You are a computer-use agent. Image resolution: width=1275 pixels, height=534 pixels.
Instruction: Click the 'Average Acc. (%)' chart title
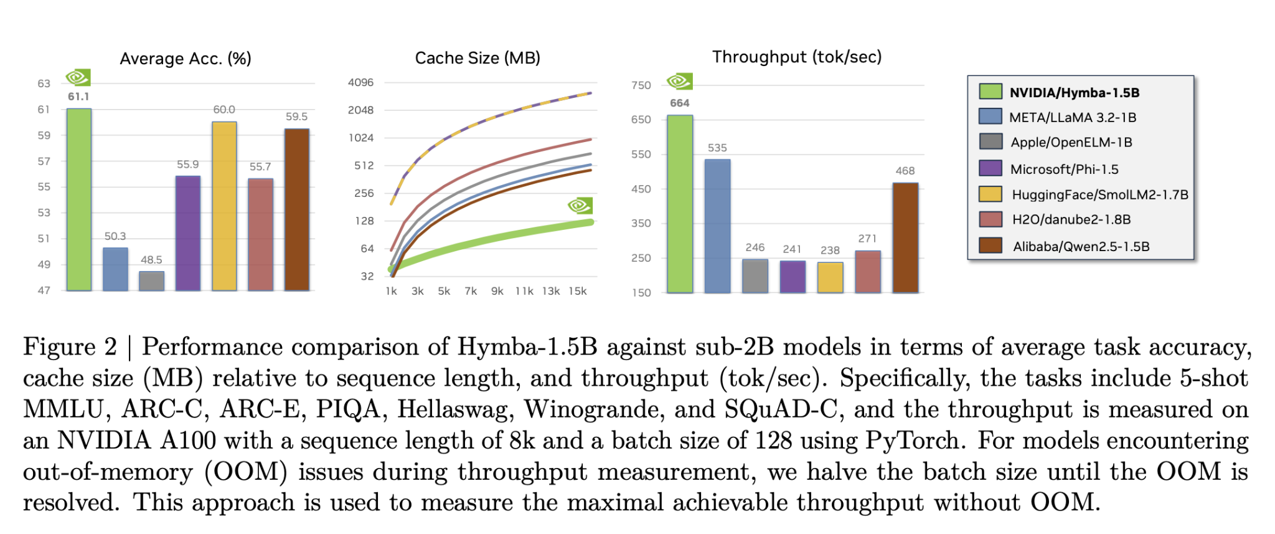click(186, 59)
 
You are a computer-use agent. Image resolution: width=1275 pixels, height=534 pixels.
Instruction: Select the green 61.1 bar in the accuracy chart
click(79, 199)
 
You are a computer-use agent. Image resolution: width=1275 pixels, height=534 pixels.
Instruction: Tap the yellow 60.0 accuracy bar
click(224, 206)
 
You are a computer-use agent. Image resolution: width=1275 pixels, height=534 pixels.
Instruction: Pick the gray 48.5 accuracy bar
click(151, 281)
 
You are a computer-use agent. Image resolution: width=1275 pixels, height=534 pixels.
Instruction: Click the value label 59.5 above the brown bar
click(296, 117)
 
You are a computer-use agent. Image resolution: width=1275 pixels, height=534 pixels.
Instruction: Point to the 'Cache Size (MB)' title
click(478, 58)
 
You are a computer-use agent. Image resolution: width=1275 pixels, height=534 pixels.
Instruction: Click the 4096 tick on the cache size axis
click(360, 82)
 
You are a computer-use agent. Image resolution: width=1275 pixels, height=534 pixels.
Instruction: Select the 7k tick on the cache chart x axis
click(471, 291)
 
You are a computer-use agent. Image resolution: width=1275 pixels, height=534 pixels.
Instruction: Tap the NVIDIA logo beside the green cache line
click(580, 206)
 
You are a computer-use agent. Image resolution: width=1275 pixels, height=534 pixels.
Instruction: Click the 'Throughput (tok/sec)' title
click(797, 57)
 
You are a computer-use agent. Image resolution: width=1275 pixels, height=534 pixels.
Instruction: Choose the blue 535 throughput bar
click(717, 226)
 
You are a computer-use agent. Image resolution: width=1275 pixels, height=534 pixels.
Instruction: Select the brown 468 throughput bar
click(905, 237)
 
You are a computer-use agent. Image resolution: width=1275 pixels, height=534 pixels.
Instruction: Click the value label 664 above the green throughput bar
click(680, 103)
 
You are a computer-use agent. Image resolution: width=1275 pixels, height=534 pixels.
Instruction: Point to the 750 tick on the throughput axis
click(641, 85)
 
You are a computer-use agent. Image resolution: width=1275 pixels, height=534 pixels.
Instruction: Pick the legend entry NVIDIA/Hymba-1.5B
click(1074, 93)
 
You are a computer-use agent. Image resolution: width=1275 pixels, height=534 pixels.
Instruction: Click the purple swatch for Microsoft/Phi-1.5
click(990, 168)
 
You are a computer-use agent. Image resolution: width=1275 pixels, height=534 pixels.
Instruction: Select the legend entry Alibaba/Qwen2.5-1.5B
click(1081, 246)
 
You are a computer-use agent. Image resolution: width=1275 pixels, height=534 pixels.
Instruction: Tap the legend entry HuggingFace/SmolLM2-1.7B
click(1099, 194)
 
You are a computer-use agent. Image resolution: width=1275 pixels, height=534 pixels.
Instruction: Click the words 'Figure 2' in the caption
click(70, 346)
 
